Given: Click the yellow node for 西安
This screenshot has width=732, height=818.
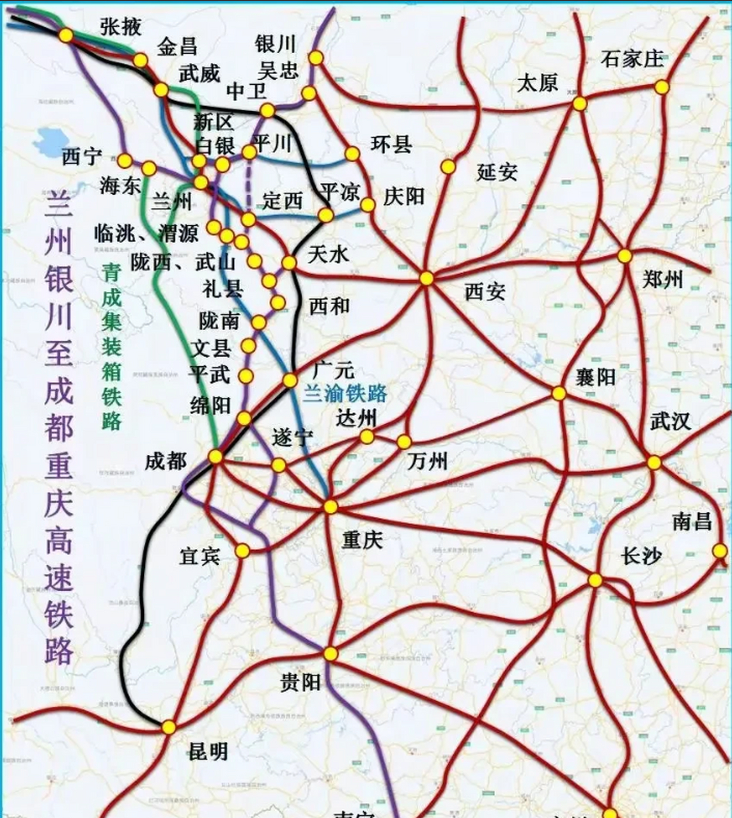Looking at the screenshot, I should (x=426, y=279).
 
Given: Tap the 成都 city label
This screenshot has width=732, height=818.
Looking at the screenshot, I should (x=165, y=461).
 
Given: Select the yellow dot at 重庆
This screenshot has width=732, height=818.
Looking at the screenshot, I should (x=331, y=507).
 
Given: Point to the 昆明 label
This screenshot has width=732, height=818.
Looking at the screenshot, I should (x=208, y=752).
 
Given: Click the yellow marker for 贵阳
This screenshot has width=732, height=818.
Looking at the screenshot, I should (x=331, y=654).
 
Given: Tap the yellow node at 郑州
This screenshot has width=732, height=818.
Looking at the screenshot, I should (x=625, y=256).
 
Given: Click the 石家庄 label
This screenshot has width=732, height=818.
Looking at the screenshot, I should (x=632, y=59).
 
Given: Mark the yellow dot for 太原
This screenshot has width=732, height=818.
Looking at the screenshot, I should (x=579, y=104).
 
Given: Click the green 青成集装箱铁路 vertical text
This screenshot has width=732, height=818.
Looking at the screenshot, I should (x=112, y=346).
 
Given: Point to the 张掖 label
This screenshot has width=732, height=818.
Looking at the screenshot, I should (x=121, y=26).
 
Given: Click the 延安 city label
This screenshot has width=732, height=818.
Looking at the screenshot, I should (x=497, y=171).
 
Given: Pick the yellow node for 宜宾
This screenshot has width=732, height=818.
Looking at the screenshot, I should (x=242, y=551).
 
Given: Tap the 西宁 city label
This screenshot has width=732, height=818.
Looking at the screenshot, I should (x=82, y=157).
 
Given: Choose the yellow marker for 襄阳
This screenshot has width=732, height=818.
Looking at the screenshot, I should (x=559, y=394).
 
